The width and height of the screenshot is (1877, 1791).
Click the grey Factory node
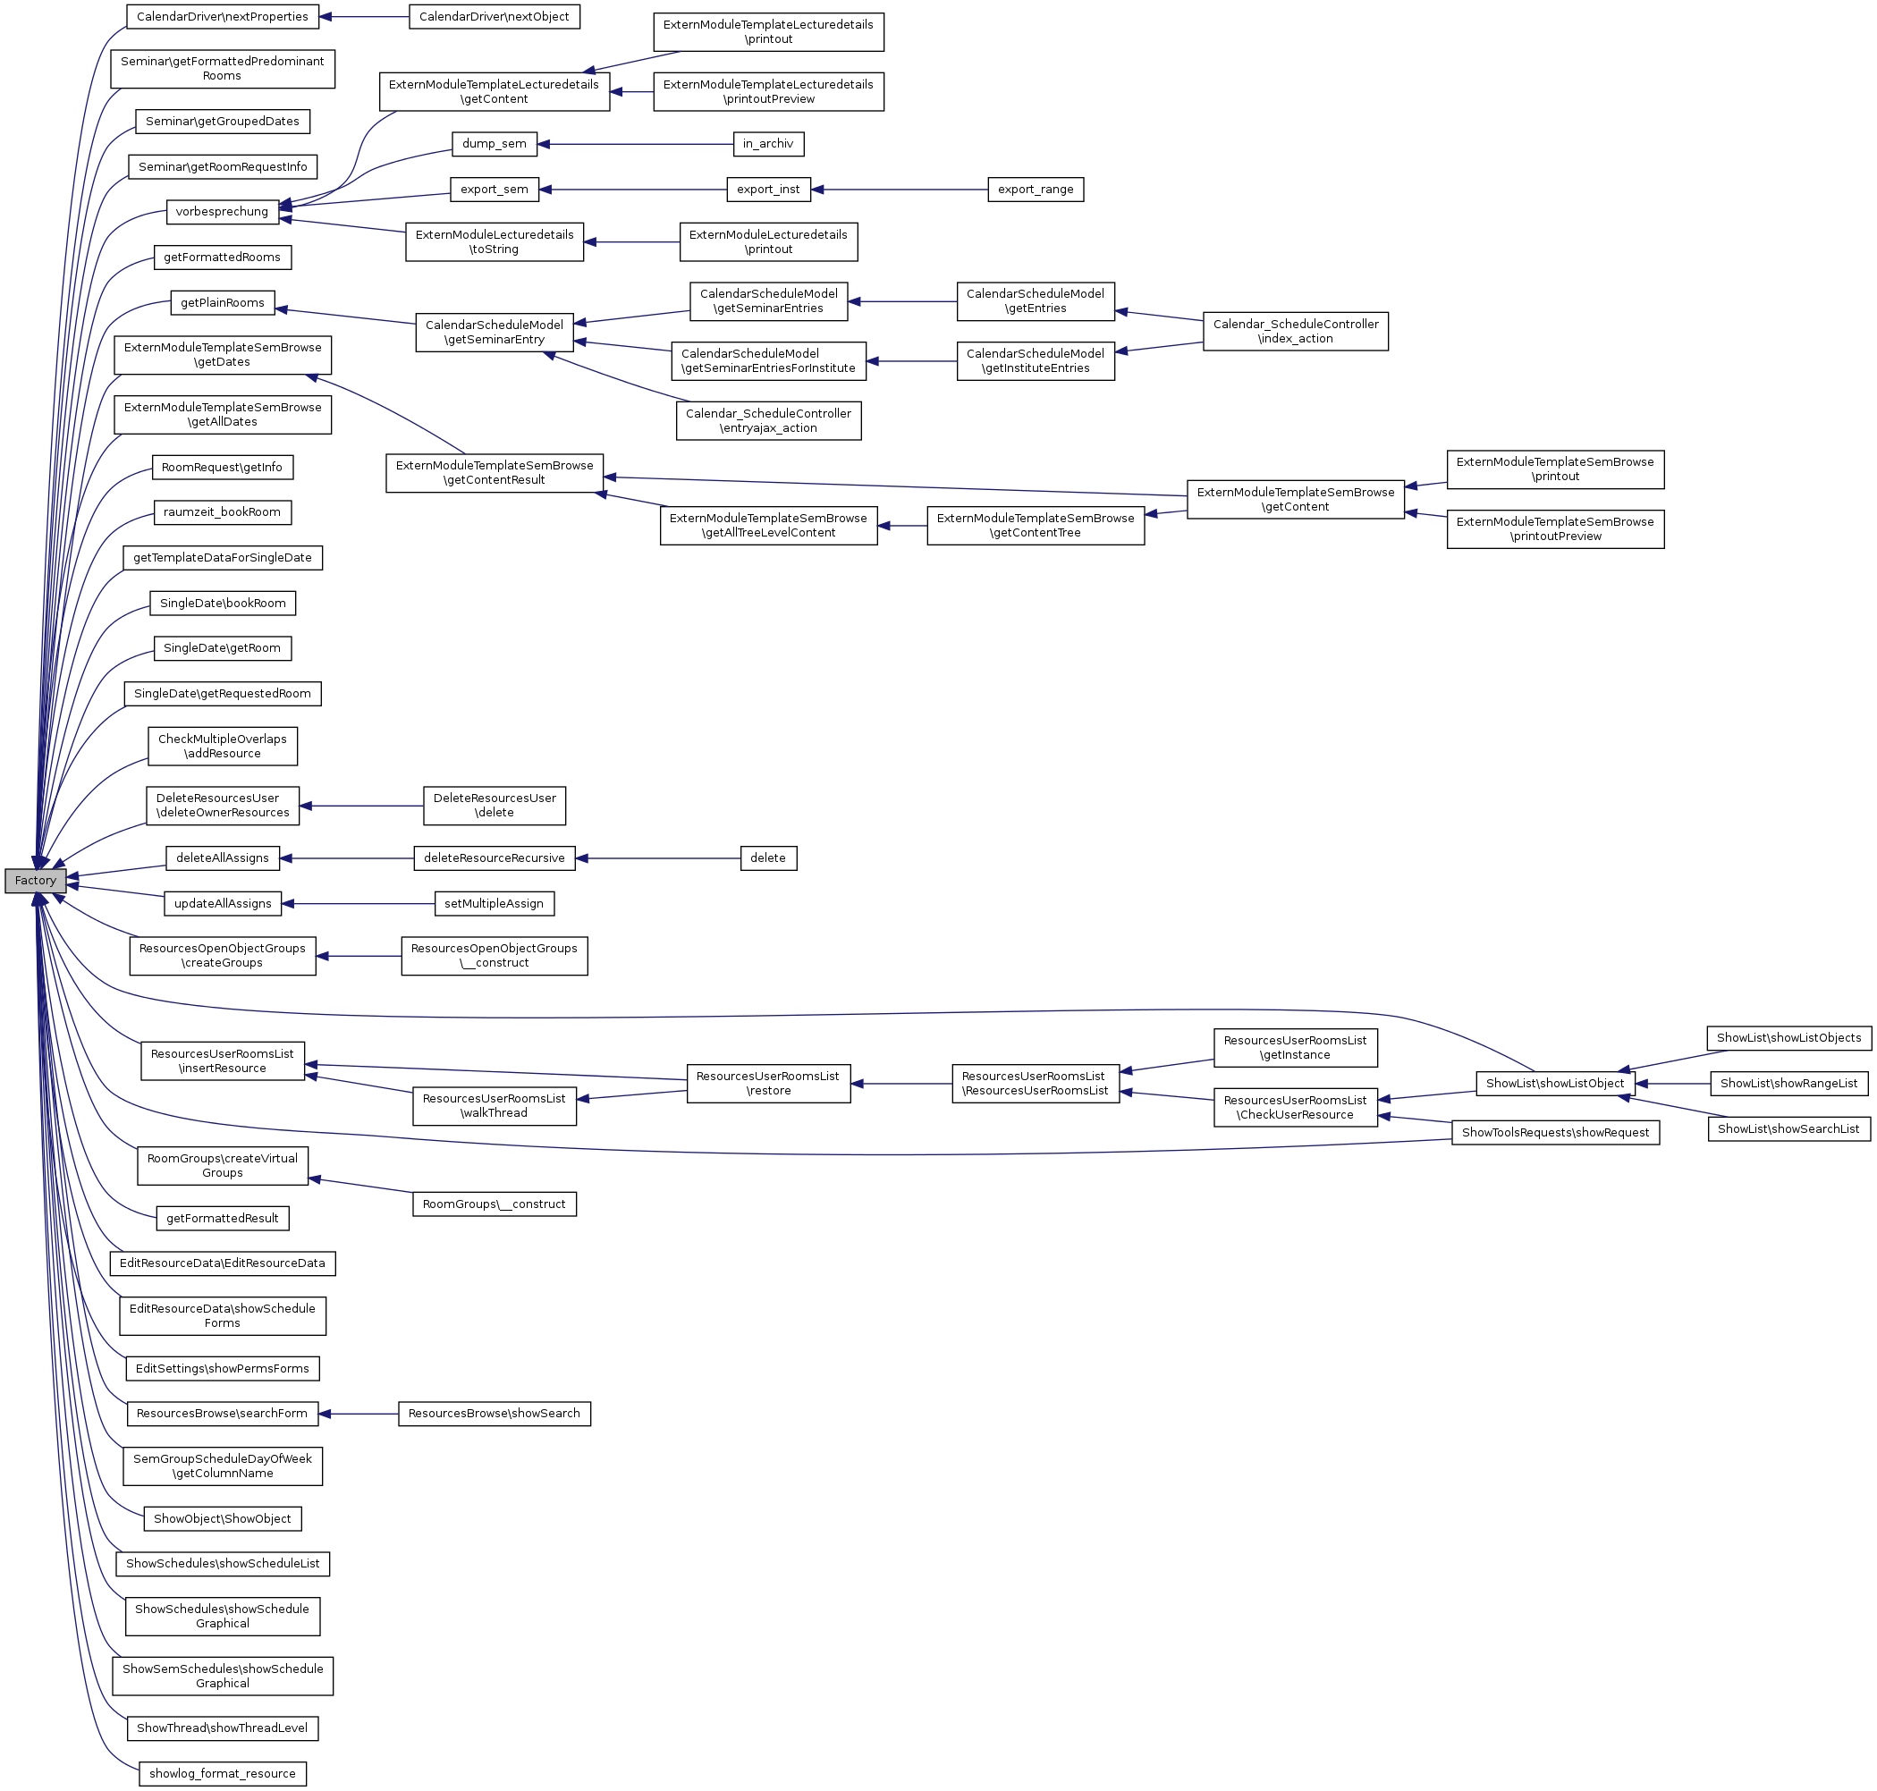36,880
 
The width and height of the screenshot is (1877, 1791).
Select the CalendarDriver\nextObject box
494,17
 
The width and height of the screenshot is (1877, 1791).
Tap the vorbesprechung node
223,212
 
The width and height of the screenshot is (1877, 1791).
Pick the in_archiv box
767,144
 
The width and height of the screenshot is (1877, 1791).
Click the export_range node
1035,189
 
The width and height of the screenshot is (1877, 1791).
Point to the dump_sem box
494,144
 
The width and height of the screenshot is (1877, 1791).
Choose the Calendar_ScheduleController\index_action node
1295,331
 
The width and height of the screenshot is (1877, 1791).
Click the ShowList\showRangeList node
1788,1084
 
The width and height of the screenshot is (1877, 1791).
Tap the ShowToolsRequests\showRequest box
1555,1132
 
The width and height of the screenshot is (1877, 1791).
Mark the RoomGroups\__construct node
494,1204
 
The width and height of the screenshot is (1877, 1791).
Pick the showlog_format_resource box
223,1774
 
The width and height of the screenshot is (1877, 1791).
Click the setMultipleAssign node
494,903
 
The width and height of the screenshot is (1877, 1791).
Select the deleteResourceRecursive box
494,858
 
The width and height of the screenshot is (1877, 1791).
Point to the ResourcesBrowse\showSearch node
494,1413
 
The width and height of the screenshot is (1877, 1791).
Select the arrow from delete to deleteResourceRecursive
659,858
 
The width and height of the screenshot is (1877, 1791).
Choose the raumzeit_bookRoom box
223,512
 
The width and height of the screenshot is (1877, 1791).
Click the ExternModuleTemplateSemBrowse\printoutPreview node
1554,529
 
